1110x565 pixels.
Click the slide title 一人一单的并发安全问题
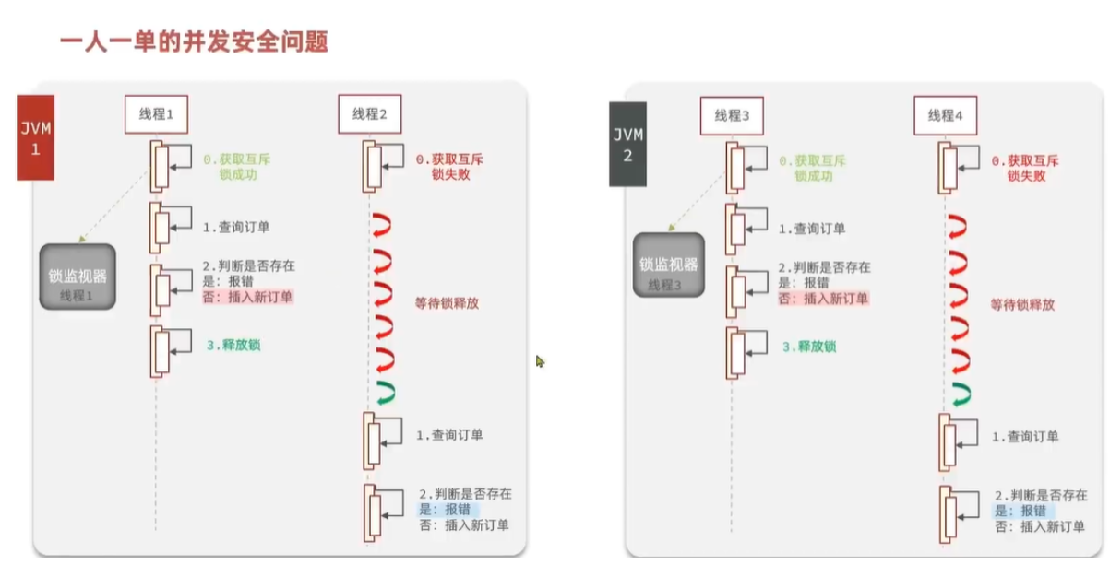(x=194, y=42)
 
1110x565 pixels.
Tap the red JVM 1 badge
(x=36, y=137)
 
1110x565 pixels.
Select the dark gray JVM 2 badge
(x=627, y=145)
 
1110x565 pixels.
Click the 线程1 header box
(x=156, y=115)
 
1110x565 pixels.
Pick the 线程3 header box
(x=734, y=115)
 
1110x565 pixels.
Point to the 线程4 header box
(x=945, y=115)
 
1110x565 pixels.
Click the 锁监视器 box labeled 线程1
(x=78, y=277)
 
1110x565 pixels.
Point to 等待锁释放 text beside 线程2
(x=447, y=303)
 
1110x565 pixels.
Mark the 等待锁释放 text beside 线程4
(x=1022, y=304)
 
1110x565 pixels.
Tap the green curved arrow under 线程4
(x=961, y=393)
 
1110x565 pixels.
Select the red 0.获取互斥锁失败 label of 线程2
(x=450, y=167)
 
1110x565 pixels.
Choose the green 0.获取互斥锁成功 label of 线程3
(x=813, y=168)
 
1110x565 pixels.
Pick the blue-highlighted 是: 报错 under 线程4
(x=1020, y=511)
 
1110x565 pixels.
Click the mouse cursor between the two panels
(x=540, y=361)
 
